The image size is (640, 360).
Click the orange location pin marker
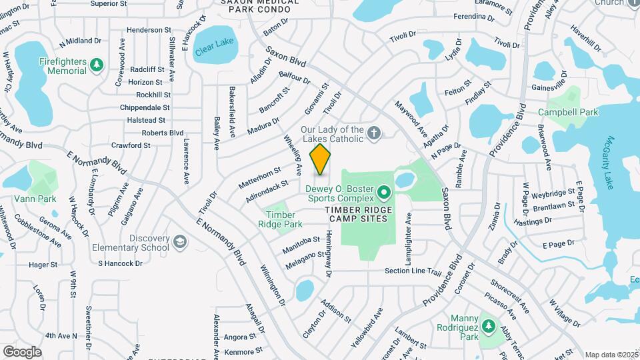(x=320, y=159)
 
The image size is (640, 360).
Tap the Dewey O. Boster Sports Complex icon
(x=384, y=193)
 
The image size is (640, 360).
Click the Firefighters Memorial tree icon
(x=97, y=65)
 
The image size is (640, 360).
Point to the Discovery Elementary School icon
(x=179, y=241)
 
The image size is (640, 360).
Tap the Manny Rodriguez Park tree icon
(x=489, y=325)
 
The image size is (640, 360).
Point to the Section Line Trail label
(x=413, y=271)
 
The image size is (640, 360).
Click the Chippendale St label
(x=145, y=107)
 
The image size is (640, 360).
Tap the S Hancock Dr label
(x=120, y=263)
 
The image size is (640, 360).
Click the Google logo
(x=22, y=351)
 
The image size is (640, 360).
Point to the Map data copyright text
(x=611, y=355)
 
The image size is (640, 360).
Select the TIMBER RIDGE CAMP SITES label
(x=366, y=215)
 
